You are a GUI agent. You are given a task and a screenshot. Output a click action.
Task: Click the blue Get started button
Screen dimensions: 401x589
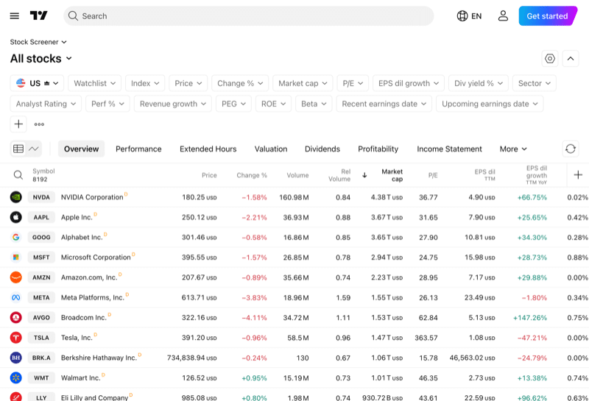pyautogui.click(x=547, y=16)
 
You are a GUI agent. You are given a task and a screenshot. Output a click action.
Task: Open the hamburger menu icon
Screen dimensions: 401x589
pyautogui.click(x=15, y=16)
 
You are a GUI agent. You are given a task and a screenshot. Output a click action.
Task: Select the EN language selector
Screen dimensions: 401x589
pyautogui.click(x=469, y=16)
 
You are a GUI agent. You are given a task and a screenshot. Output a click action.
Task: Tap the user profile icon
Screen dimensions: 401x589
pyautogui.click(x=503, y=16)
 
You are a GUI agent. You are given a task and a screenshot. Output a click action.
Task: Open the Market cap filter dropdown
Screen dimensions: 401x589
pyautogui.click(x=303, y=83)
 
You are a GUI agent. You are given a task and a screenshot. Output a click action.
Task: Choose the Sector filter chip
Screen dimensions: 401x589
pyautogui.click(x=534, y=83)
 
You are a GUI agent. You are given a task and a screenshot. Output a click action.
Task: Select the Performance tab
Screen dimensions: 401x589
pyautogui.click(x=138, y=149)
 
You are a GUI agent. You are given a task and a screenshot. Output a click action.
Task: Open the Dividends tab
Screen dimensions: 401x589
pyautogui.click(x=322, y=149)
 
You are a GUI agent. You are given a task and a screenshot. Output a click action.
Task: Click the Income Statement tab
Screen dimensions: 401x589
pyautogui.click(x=449, y=149)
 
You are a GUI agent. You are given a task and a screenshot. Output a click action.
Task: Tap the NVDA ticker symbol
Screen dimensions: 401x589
pyautogui.click(x=42, y=197)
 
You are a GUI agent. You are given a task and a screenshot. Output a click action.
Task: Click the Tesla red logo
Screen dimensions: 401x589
pyautogui.click(x=16, y=338)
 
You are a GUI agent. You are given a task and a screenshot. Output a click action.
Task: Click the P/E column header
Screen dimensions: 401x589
pyautogui.click(x=432, y=175)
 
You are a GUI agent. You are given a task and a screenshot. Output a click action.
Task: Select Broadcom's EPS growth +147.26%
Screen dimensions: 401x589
pyautogui.click(x=530, y=318)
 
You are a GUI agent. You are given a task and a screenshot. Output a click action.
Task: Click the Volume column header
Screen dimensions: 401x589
pyautogui.click(x=297, y=175)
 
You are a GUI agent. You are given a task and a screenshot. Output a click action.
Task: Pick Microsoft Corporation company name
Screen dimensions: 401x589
pyautogui.click(x=96, y=258)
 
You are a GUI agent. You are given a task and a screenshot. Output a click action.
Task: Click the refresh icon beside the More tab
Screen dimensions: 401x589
pyautogui.click(x=570, y=149)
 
